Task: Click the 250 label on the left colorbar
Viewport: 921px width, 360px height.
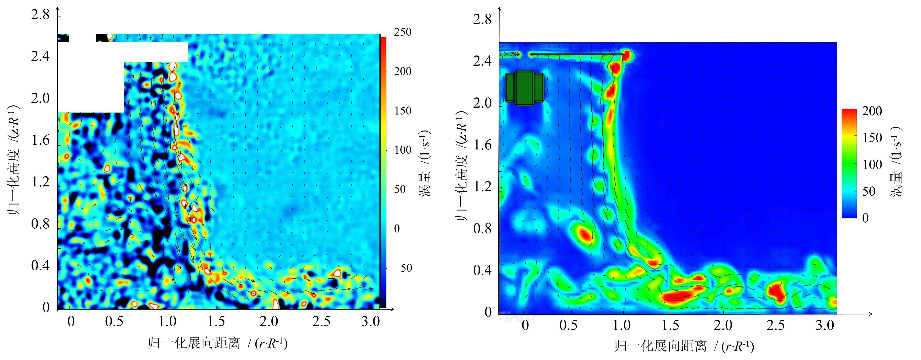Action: tap(403, 32)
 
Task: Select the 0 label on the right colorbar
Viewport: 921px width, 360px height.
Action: tap(865, 218)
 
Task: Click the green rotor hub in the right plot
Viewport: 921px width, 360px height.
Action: tap(525, 88)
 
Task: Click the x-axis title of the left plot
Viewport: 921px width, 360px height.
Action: tap(218, 343)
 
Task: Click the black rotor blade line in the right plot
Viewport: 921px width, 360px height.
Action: tap(577, 54)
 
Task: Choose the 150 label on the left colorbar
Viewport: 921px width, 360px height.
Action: tap(403, 111)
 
